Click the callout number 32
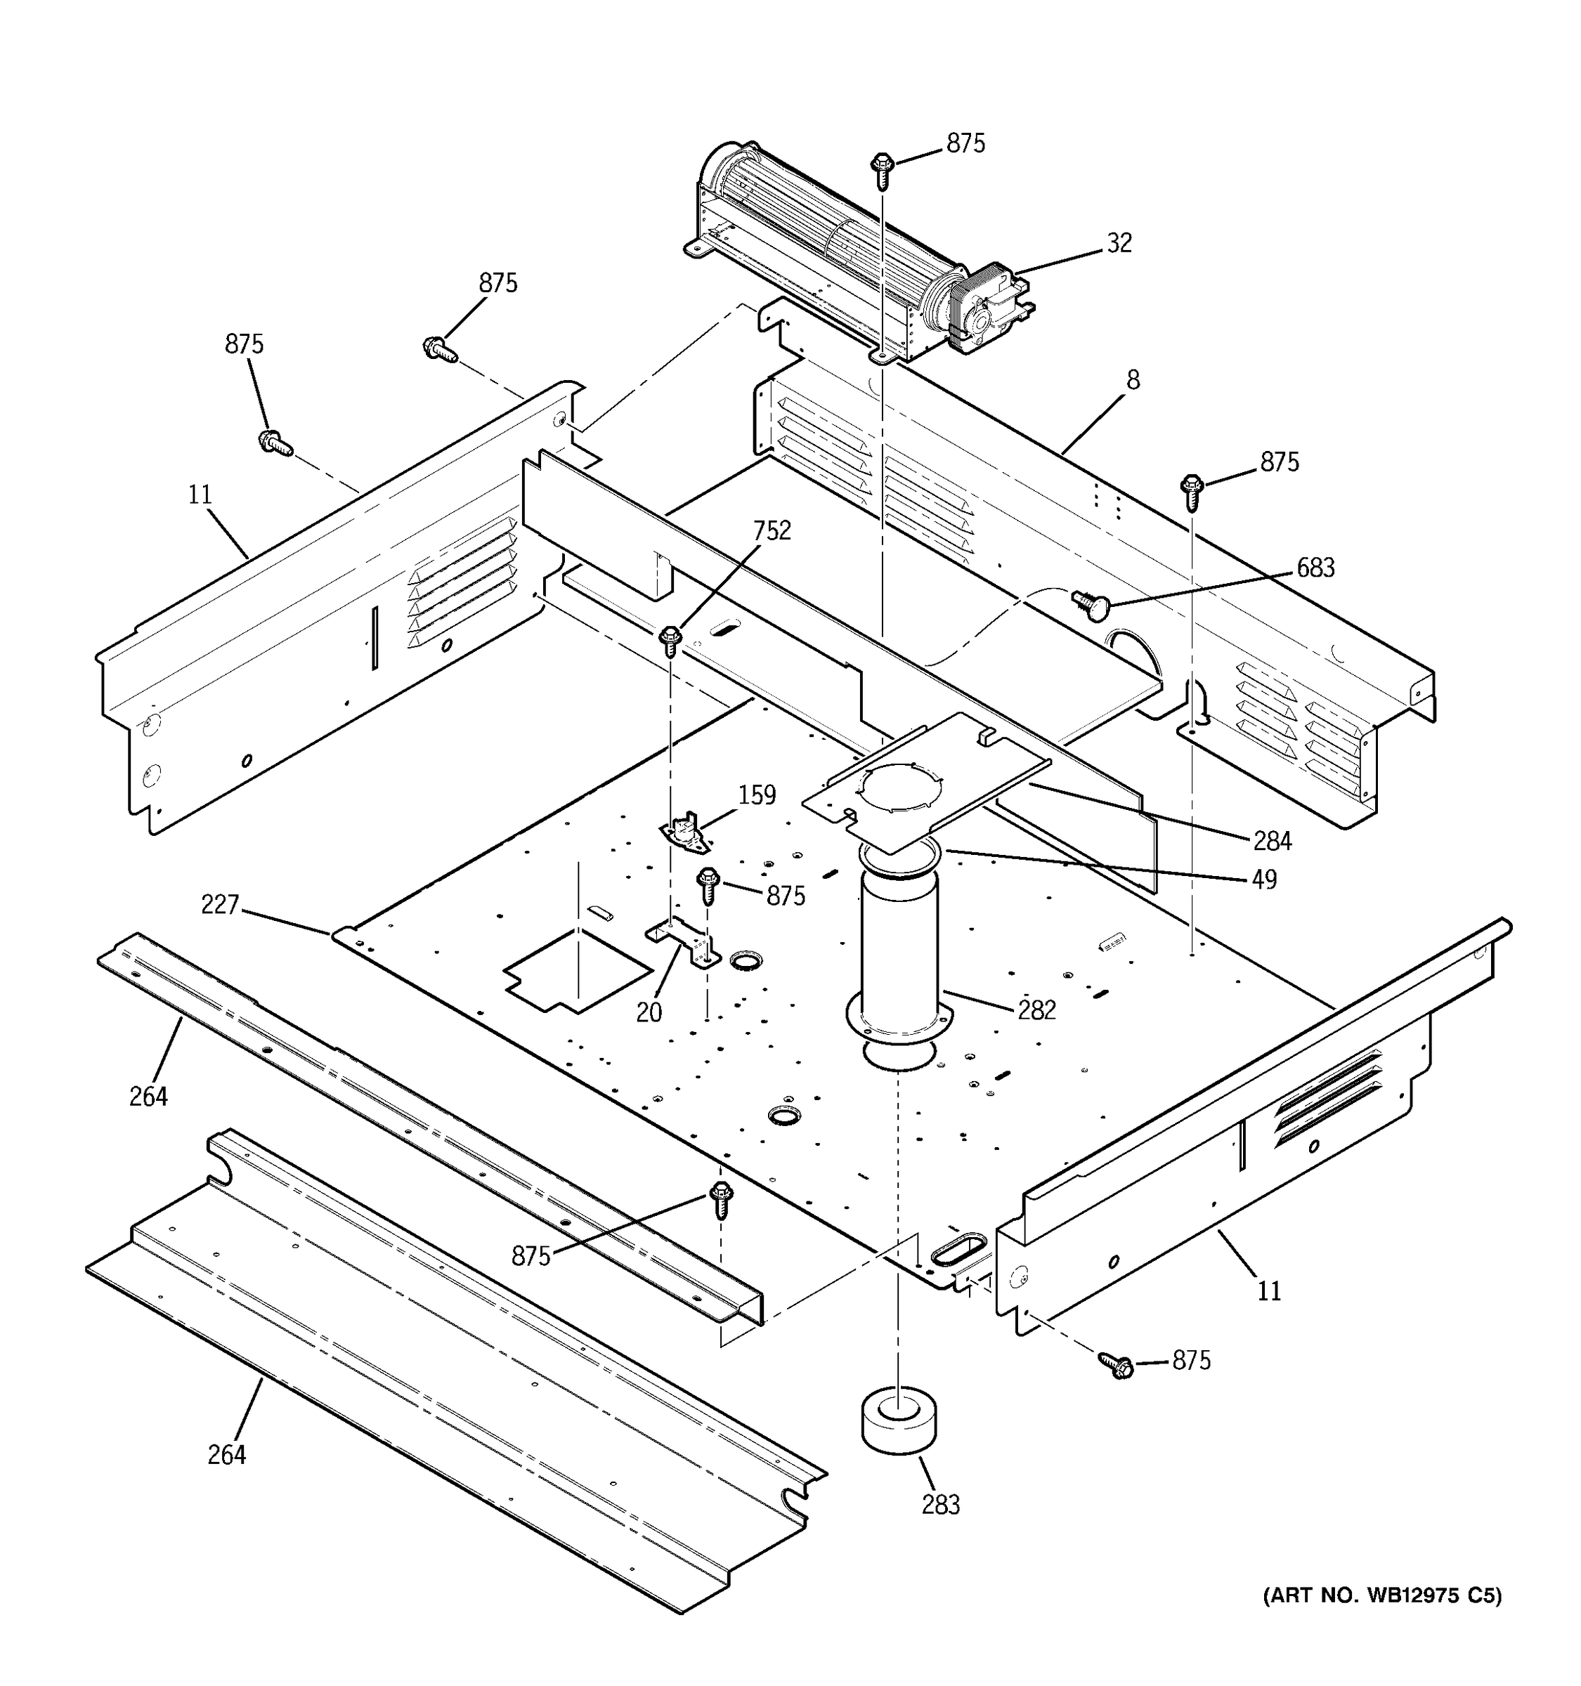pyautogui.click(x=1119, y=243)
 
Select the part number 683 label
pyautogui.click(x=1315, y=568)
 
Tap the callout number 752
pyautogui.click(x=771, y=531)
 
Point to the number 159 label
pyautogui.click(x=757, y=795)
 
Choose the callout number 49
pyautogui.click(x=1264, y=880)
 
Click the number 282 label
pyautogui.click(x=1036, y=1010)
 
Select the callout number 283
pyautogui.click(x=941, y=1505)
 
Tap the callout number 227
pyautogui.click(x=220, y=905)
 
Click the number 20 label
pyautogui.click(x=649, y=1012)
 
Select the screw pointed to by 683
pyautogui.click(x=1087, y=604)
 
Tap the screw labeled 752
pyautogui.click(x=671, y=639)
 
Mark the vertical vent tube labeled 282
pyautogui.click(x=899, y=950)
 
